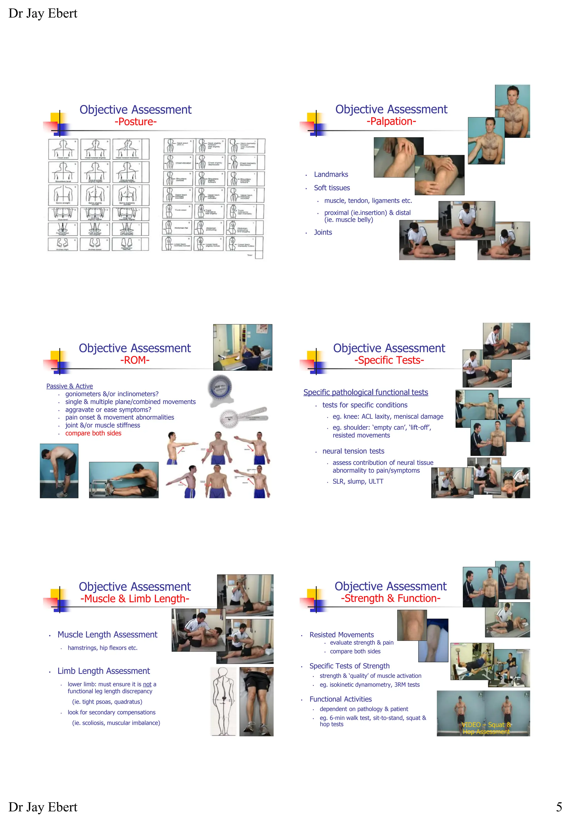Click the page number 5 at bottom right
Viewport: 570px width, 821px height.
tap(559, 807)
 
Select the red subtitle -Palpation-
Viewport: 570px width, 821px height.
tap(391, 121)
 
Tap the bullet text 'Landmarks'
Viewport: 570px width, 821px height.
tap(331, 174)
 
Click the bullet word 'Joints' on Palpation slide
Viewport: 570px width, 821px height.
tap(323, 232)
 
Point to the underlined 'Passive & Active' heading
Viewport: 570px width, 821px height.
tap(69, 386)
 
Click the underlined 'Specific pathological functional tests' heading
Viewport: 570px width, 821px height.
tap(365, 392)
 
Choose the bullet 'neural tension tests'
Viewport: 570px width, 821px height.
tap(353, 451)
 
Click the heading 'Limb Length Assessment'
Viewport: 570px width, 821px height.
tap(104, 671)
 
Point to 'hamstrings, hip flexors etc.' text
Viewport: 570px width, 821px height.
tap(102, 648)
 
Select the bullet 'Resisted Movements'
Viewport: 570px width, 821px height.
tap(341, 634)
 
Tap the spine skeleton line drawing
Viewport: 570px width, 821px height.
tap(223, 701)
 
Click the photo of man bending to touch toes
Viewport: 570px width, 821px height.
tap(59, 470)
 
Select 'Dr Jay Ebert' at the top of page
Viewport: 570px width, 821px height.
tap(43, 13)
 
